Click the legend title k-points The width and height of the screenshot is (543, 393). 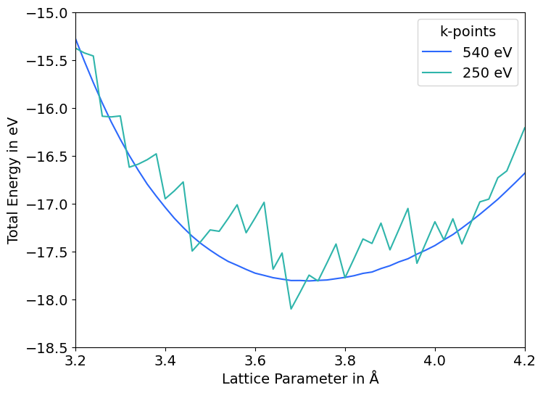coord(468,31)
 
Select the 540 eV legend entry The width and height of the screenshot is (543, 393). coord(487,52)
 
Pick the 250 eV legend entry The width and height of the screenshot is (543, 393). coord(487,73)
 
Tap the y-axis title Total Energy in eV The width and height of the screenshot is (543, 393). coord(13,180)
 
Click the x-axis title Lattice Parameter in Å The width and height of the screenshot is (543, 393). coord(300,378)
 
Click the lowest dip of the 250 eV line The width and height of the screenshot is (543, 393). coord(291,309)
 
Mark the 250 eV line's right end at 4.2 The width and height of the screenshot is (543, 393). coord(524,128)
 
